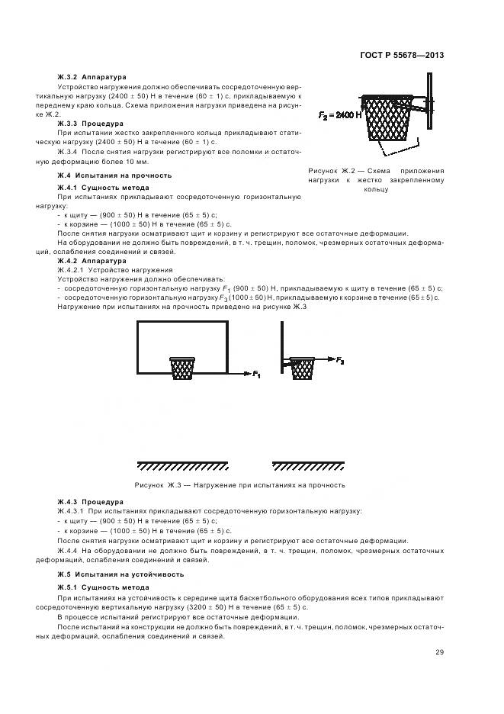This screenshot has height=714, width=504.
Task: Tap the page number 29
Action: click(439, 651)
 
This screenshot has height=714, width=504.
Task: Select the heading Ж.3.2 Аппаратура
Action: click(91, 77)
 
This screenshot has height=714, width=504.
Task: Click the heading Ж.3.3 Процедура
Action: click(91, 122)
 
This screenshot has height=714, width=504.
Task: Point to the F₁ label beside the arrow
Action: click(256, 375)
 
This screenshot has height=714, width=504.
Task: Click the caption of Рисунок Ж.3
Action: click(240, 484)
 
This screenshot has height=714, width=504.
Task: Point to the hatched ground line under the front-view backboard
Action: click(182, 465)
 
